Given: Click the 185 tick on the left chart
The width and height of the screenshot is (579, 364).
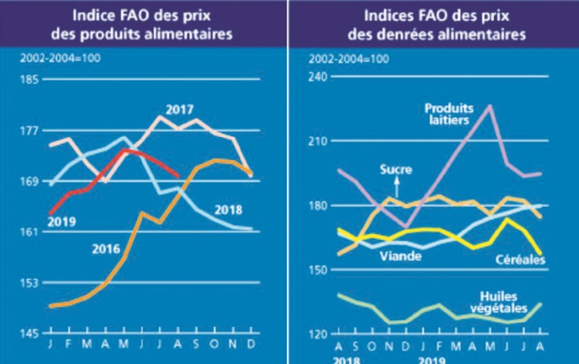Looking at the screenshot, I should pyautogui.click(x=30, y=79).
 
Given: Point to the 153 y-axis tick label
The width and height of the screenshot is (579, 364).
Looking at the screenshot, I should pyautogui.click(x=30, y=283).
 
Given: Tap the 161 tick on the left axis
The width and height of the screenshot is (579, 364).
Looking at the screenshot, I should pyautogui.click(x=30, y=233).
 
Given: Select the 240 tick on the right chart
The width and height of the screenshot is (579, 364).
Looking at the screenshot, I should pyautogui.click(x=319, y=77).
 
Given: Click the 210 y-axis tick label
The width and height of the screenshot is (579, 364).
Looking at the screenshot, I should pyautogui.click(x=319, y=141).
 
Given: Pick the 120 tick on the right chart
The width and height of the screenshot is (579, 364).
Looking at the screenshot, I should pyautogui.click(x=319, y=334).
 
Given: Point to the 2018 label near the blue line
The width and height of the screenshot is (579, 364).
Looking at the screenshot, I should pyautogui.click(x=230, y=210).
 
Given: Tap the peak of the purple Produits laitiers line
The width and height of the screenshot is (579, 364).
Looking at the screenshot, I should pyautogui.click(x=490, y=106).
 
